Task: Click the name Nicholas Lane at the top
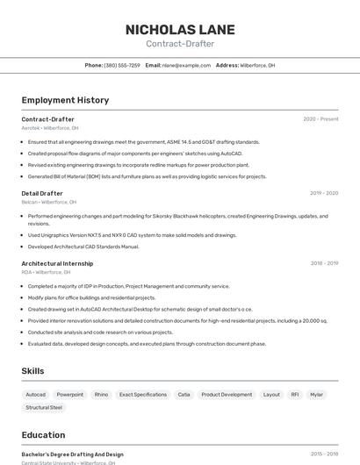[180, 29]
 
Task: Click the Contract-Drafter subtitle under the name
[180, 43]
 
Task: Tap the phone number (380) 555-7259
[122, 65]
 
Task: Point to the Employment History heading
[65, 100]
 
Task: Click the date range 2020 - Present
[320, 119]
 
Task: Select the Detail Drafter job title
[42, 193]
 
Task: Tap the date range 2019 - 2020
[324, 193]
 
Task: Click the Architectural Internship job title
[57, 263]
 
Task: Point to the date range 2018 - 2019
[324, 263]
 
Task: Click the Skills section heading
[32, 371]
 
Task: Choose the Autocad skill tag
[35, 395]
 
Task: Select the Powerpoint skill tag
[70, 395]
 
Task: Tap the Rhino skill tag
[101, 395]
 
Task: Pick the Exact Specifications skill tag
[143, 395]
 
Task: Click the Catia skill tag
[184, 395]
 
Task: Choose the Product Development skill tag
[227, 395]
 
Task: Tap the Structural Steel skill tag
[44, 407]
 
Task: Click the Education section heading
[43, 435]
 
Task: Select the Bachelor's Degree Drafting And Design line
[72, 454]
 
